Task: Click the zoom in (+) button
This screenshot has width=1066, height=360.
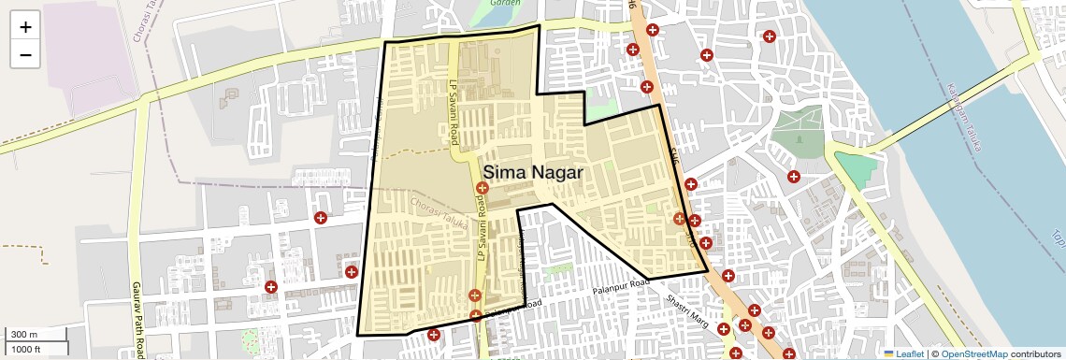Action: click(x=25, y=27)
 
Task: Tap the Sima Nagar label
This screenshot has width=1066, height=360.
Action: click(x=532, y=172)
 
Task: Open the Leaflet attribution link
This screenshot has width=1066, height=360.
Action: click(x=903, y=353)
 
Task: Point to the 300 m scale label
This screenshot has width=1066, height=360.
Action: click(x=24, y=335)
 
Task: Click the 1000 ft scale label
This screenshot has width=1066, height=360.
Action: click(x=26, y=349)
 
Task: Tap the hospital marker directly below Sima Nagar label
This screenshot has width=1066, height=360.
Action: click(x=483, y=189)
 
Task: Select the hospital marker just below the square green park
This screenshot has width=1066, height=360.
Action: click(x=794, y=176)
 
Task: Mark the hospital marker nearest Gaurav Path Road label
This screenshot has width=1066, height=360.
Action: click(x=271, y=287)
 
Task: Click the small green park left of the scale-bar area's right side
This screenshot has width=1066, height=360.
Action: click(x=250, y=338)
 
